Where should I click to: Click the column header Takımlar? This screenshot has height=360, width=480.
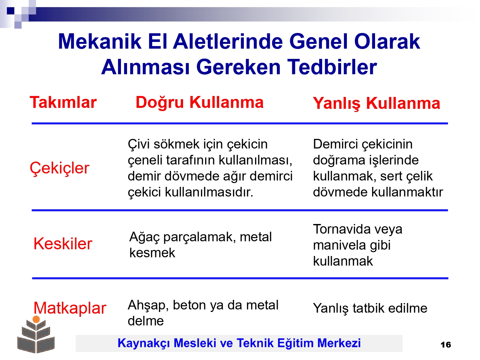pyautogui.click(x=63, y=102)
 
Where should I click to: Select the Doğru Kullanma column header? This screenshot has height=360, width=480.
pyautogui.click(x=199, y=102)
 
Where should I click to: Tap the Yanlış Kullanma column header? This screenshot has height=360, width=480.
pyautogui.click(x=376, y=104)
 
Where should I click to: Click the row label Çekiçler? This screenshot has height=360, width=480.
pyautogui.click(x=60, y=168)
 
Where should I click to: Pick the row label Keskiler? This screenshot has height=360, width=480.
pyautogui.click(x=63, y=244)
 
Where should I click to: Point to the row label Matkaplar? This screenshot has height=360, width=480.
pyautogui.click(x=70, y=308)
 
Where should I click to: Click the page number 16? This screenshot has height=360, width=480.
pyautogui.click(x=446, y=345)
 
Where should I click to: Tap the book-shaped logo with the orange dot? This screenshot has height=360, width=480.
pyautogui.click(x=36, y=334)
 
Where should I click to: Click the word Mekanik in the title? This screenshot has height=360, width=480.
pyautogui.click(x=100, y=42)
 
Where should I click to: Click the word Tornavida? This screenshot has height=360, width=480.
pyautogui.click(x=341, y=229)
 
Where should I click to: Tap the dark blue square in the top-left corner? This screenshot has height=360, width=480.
pyautogui.click(x=11, y=11)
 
